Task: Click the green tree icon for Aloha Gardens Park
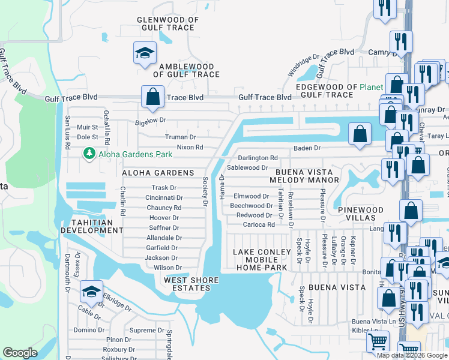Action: click(89, 154)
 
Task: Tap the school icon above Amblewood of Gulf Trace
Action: click(144, 53)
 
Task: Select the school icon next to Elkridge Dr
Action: click(91, 291)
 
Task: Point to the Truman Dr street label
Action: click(181, 137)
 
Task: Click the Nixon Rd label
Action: click(190, 148)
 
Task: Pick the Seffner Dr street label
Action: click(164, 228)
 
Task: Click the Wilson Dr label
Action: click(167, 268)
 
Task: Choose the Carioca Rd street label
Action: click(259, 225)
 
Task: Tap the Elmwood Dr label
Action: click(252, 196)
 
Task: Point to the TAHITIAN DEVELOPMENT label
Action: click(86, 226)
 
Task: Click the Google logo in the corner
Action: click(20, 353)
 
